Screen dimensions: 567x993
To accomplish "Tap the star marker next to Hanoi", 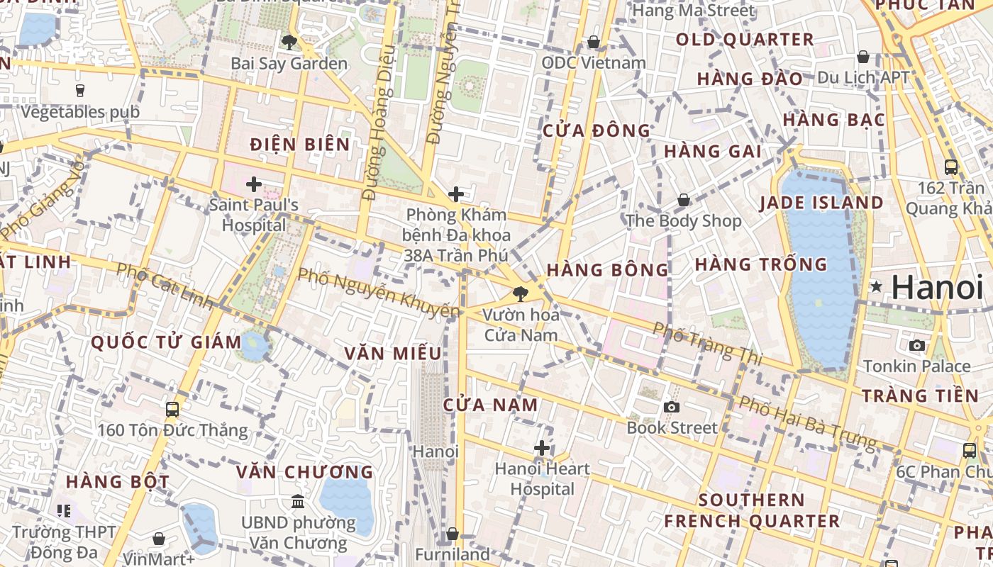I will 877,287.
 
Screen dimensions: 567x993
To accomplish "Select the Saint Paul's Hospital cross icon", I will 254,184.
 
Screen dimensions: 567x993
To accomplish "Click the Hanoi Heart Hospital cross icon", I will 542,448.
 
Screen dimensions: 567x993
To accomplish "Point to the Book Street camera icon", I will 671,407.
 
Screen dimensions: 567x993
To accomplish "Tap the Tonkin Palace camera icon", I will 916,345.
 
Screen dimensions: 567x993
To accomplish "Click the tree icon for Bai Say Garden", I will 289,43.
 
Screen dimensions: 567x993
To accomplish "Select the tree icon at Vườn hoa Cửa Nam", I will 521,293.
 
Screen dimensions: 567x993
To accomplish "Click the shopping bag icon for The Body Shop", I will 684,201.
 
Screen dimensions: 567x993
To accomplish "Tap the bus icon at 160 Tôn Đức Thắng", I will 172,409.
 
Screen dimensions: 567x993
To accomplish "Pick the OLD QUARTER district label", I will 745,40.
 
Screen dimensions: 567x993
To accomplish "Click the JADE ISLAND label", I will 821,203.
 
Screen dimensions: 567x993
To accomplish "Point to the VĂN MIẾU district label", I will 393,353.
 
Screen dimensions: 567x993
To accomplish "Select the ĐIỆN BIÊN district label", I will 300,145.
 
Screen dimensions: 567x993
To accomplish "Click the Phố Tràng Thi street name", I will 707,344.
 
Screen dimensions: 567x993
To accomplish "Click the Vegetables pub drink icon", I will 79,91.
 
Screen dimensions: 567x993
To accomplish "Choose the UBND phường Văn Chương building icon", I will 298,502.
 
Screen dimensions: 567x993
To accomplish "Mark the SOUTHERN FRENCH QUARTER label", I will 751,510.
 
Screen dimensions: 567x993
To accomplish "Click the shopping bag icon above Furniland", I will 453,533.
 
